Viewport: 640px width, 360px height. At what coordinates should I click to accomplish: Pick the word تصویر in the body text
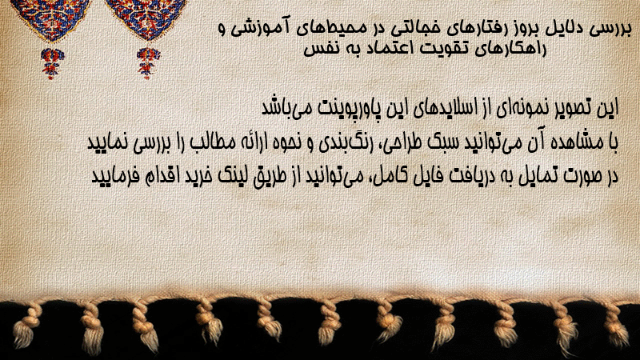click(x=568, y=108)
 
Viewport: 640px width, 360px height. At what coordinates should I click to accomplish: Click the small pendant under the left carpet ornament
click(x=52, y=63)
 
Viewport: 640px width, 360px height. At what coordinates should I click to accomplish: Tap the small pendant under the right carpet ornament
click(x=148, y=63)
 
